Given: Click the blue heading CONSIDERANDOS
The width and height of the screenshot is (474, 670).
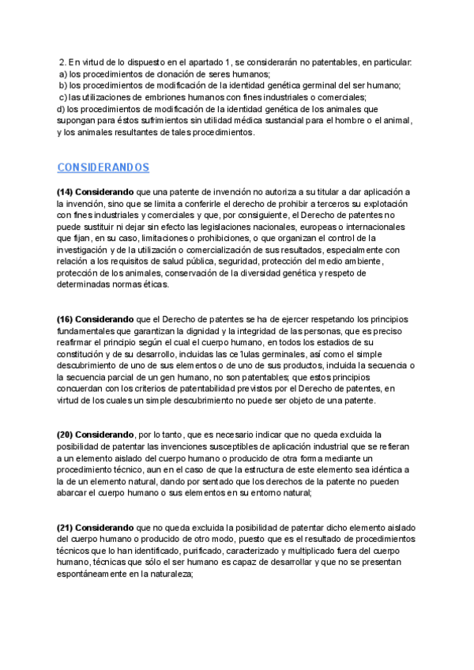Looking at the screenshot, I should tap(103, 167).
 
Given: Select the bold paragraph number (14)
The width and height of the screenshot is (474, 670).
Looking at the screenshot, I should tap(65, 192).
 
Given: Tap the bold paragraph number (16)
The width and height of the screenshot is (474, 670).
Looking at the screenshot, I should tap(65, 318).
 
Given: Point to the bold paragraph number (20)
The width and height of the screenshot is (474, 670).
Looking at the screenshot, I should tap(65, 435).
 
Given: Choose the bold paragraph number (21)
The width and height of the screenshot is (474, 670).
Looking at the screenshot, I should tap(65, 527).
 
